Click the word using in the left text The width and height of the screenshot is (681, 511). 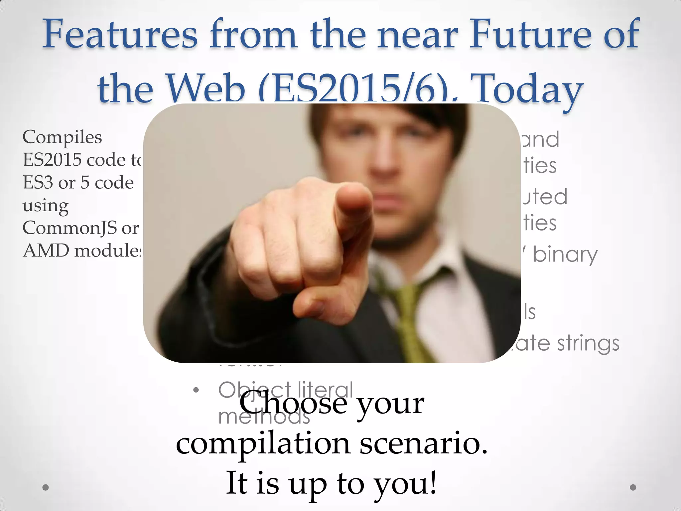(x=46, y=206)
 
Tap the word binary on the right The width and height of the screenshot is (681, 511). (x=565, y=255)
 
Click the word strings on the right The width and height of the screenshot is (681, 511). (x=588, y=343)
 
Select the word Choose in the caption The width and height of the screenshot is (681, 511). (x=293, y=404)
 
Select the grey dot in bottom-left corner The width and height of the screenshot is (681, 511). (x=46, y=487)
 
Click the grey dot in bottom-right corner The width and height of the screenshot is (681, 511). (x=633, y=487)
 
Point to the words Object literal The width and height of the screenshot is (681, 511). (x=285, y=390)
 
